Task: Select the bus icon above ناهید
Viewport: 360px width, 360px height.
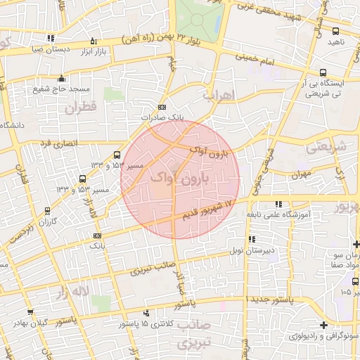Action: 335,31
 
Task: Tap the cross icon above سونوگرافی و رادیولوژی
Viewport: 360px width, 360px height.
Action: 323,325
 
